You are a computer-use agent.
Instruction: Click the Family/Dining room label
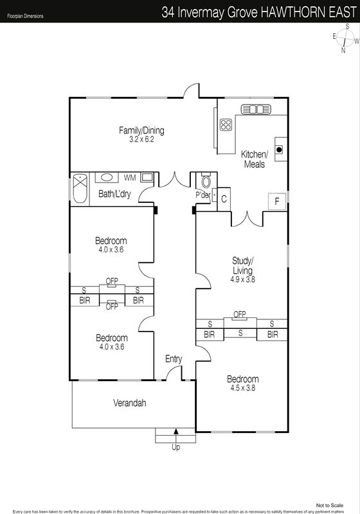click(141, 130)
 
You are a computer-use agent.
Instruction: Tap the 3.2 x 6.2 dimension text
click(141, 139)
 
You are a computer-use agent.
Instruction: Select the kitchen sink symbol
click(256, 109)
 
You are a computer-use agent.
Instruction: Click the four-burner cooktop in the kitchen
click(226, 125)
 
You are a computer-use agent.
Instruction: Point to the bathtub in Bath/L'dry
click(80, 188)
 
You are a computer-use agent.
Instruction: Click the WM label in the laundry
click(130, 178)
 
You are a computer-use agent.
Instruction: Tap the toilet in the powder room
click(206, 181)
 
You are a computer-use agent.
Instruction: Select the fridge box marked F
click(277, 201)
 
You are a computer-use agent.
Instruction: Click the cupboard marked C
click(224, 199)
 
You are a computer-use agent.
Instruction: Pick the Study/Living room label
click(242, 265)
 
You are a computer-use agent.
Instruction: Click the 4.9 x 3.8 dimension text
click(242, 279)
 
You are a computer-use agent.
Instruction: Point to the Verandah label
click(129, 403)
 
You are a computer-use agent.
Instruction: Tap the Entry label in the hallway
click(174, 359)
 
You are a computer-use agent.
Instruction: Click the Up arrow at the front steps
click(176, 431)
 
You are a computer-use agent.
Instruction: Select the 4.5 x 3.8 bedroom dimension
click(242, 388)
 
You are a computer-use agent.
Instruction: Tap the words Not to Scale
click(330, 506)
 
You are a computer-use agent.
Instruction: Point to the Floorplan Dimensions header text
click(25, 15)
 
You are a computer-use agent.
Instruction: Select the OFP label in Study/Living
click(240, 314)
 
